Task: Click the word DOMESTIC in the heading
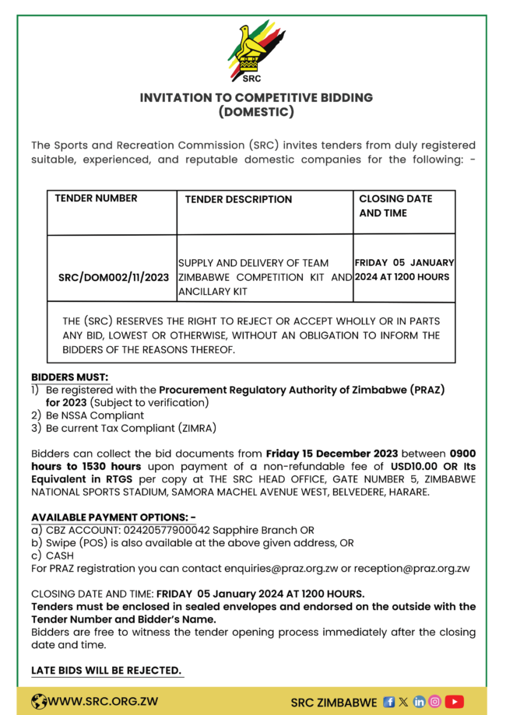pos(256,112)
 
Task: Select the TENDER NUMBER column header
pos(96,198)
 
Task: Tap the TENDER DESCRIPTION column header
pos(238,200)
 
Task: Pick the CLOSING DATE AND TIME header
pos(395,205)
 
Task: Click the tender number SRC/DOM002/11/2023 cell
pos(114,278)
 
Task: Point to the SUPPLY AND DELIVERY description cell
pos(265,277)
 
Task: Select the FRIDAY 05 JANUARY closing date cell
pos(404,269)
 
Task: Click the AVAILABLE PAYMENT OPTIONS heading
pos(113,517)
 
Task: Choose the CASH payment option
pos(59,556)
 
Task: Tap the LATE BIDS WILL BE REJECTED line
pos(107,671)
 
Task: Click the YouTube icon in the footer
pos(455,702)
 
